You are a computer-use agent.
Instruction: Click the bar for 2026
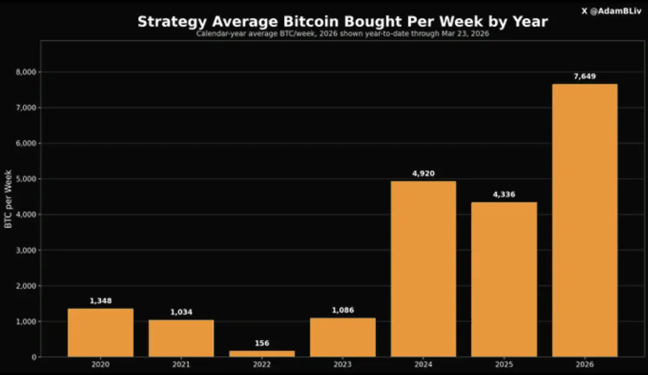click(x=584, y=220)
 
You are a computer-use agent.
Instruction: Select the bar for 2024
click(x=423, y=269)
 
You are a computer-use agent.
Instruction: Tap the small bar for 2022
click(x=262, y=353)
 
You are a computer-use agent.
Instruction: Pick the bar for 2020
click(x=100, y=332)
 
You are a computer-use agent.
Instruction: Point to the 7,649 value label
click(x=584, y=76)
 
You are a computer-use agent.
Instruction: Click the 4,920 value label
click(x=423, y=173)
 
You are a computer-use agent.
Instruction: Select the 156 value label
click(x=262, y=343)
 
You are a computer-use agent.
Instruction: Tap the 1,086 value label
click(x=343, y=310)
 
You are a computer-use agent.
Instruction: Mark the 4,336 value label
click(x=504, y=194)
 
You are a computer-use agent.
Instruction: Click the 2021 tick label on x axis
click(x=181, y=364)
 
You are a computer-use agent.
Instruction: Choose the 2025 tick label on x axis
click(x=504, y=364)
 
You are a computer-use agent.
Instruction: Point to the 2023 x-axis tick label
click(x=343, y=364)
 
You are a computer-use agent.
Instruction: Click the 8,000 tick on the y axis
click(x=26, y=72)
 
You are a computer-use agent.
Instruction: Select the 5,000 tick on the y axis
click(x=26, y=179)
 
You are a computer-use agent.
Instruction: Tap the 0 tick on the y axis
click(x=34, y=357)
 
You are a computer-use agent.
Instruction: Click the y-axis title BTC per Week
click(x=8, y=199)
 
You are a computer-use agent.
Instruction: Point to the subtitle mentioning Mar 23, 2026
click(x=342, y=34)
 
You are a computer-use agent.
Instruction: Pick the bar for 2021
click(x=181, y=338)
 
